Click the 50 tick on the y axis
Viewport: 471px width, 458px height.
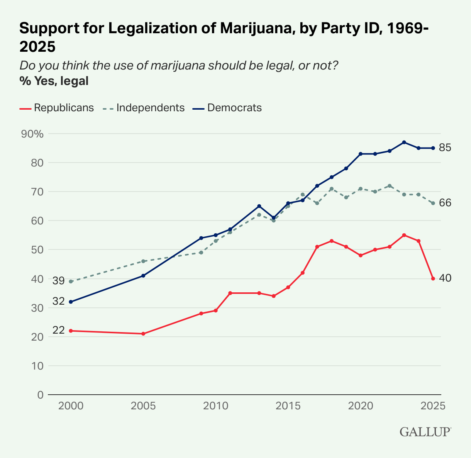tap(38, 250)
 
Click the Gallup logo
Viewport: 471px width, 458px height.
tap(425, 431)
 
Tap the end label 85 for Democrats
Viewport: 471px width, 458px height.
tap(445, 148)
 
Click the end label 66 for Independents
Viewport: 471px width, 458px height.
tap(445, 203)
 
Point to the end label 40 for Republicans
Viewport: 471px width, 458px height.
tap(445, 278)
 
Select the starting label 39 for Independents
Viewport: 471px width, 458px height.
tap(59, 281)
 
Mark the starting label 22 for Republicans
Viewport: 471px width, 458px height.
tap(59, 331)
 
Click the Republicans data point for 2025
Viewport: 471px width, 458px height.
tap(433, 278)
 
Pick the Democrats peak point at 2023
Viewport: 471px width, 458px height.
tap(404, 142)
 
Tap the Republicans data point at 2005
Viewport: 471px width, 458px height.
tap(143, 334)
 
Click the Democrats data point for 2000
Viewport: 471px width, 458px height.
tap(71, 302)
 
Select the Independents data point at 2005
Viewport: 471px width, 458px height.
tap(143, 261)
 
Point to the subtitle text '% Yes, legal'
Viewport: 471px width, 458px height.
tap(54, 81)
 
